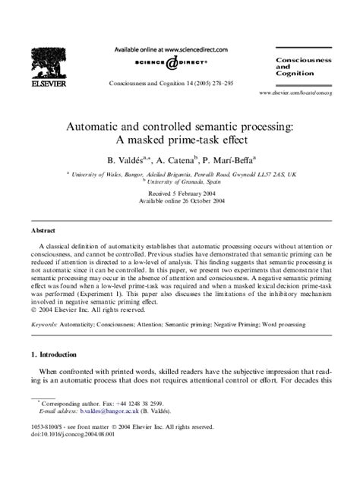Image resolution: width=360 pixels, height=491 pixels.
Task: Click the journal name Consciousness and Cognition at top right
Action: point(302,66)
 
